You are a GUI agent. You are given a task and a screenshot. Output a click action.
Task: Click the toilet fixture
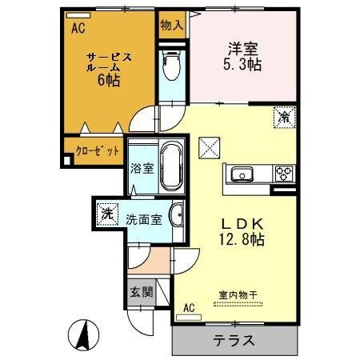pyautogui.click(x=170, y=67)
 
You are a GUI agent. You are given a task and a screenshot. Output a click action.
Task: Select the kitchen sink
pyautogui.click(x=242, y=174)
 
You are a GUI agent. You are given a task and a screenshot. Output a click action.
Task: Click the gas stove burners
pyautogui.click(x=283, y=172)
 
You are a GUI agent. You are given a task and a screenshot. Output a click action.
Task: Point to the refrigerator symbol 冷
pyautogui.click(x=283, y=118)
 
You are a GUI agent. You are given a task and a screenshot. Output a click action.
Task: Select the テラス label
pyautogui.click(x=234, y=340)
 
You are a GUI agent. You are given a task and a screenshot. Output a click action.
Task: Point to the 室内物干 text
pyautogui.click(x=238, y=295)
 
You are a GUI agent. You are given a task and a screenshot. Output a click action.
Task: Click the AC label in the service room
pyautogui.click(x=78, y=29)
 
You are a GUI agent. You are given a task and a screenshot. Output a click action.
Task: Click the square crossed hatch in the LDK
pyautogui.click(x=208, y=147)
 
